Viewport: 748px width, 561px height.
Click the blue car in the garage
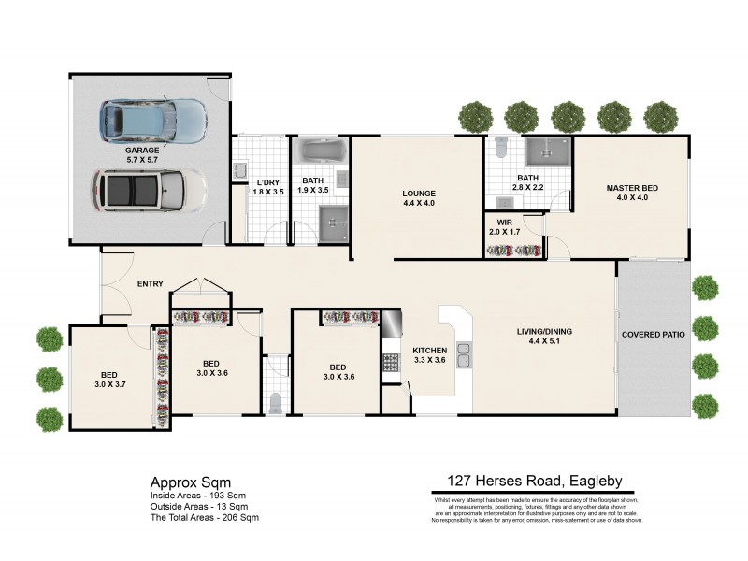[x=153, y=119]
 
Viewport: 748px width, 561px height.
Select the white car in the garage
[x=149, y=190]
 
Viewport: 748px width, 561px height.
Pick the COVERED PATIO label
[x=654, y=334]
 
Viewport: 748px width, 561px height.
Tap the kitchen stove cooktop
[x=390, y=360]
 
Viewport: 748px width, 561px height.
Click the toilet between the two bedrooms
[x=275, y=402]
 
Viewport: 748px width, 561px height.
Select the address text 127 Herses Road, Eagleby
[x=529, y=482]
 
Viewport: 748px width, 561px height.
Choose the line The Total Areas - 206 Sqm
[x=204, y=517]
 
